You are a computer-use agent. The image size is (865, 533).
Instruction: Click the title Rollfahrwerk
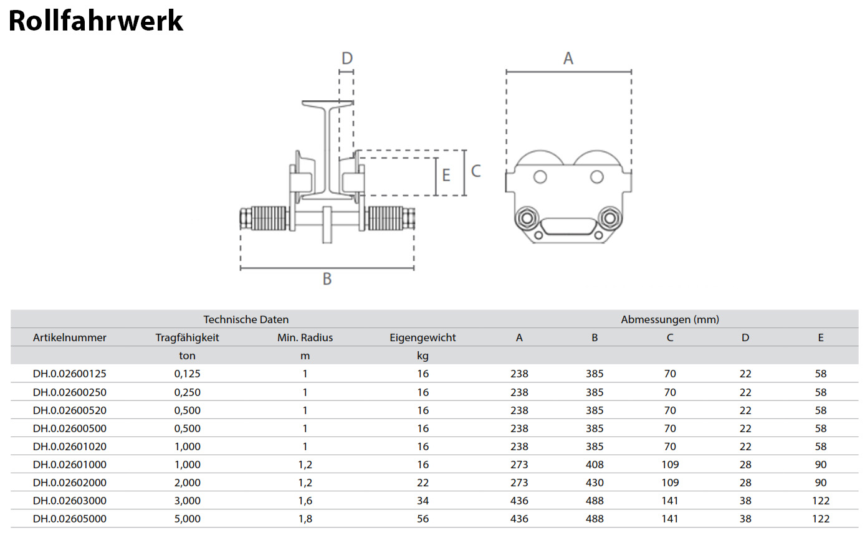[95, 21]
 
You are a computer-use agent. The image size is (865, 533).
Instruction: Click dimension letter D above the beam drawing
[347, 59]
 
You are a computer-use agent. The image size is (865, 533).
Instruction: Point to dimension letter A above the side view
[568, 59]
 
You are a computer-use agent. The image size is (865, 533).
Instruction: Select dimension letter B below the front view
[327, 279]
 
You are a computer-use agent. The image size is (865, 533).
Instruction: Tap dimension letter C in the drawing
[476, 171]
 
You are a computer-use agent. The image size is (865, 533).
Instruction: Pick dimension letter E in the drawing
[446, 175]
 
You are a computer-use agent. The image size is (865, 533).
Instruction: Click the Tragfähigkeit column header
[187, 337]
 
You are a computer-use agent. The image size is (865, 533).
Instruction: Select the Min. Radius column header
[305, 337]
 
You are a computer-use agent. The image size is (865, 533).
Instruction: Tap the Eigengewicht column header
[423, 337]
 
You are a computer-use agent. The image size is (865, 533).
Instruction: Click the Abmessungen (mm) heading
[670, 319]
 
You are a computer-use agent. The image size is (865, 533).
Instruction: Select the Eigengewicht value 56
[423, 519]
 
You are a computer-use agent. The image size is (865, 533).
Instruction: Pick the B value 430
[595, 483]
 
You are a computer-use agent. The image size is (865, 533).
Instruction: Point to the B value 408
[595, 465]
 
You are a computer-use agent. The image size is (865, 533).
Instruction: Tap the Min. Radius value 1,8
[305, 519]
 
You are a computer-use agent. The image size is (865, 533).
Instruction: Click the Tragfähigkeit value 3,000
[187, 501]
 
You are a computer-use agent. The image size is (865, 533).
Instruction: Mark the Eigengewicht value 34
[423, 501]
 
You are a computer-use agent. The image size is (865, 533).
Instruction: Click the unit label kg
[423, 356]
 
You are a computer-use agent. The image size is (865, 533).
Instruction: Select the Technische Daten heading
[246, 319]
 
